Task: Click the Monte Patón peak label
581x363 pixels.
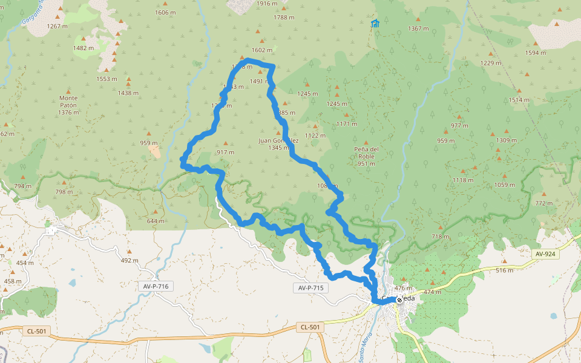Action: click(x=68, y=105)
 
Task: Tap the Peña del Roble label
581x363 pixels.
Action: click(x=366, y=152)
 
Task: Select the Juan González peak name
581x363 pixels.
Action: click(x=278, y=143)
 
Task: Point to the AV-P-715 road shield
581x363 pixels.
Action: click(x=312, y=288)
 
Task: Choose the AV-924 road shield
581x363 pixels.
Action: click(x=543, y=254)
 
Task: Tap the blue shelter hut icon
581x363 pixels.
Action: click(x=375, y=24)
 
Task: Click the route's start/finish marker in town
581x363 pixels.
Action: click(x=399, y=299)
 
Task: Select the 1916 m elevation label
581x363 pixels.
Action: click(x=267, y=4)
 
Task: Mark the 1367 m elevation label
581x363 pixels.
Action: click(x=418, y=29)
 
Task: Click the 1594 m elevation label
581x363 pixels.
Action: click(x=535, y=53)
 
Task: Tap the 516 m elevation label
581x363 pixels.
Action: click(x=504, y=270)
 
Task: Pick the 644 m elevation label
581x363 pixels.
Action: click(x=156, y=221)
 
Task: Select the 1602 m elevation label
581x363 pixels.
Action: click(x=261, y=50)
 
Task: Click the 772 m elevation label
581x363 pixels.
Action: click(x=543, y=203)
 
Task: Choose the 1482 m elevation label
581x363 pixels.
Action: click(x=84, y=48)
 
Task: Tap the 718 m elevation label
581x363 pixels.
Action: click(x=441, y=237)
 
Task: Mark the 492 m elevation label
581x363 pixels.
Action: click(x=130, y=261)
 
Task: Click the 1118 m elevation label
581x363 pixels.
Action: click(x=463, y=180)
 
